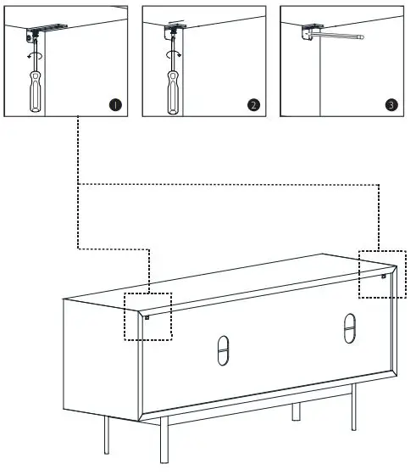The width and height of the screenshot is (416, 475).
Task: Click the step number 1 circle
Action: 114,105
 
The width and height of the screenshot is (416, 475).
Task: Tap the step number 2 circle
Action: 252,105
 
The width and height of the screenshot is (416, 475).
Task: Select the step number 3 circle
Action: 391,105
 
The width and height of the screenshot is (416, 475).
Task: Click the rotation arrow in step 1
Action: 35,53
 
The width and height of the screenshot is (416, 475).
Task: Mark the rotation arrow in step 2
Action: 173,53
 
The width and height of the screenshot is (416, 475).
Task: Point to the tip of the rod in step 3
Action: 362,37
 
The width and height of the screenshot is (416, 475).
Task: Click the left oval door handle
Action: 223,350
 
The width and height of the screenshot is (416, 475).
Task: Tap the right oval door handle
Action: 349,328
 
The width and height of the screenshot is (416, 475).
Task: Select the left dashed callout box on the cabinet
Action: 148,316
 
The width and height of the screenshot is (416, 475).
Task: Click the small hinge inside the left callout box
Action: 147,317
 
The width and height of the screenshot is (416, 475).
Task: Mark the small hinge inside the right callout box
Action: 384,276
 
